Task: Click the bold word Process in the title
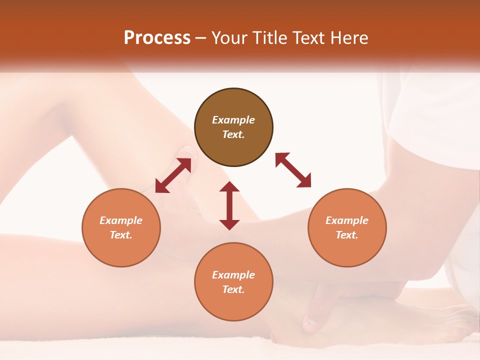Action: [157, 38]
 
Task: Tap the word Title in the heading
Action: [267, 38]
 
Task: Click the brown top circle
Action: [233, 127]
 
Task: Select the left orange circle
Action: [121, 227]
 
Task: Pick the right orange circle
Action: [347, 227]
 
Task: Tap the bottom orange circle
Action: [233, 281]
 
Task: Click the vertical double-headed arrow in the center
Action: [229, 205]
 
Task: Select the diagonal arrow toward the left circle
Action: [173, 175]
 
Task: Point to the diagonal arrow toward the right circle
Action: [293, 170]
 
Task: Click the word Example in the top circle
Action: [233, 120]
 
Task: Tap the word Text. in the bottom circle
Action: [233, 289]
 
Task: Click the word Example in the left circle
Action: [121, 220]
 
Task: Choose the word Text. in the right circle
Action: [347, 235]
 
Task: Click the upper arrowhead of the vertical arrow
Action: [229, 187]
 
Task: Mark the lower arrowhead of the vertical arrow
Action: [229, 224]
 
